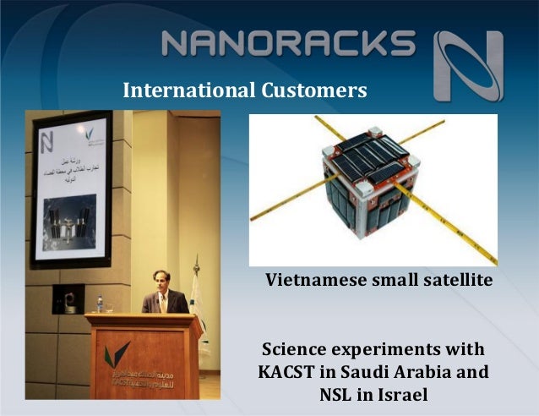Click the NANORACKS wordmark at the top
(x=287, y=43)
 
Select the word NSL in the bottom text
(x=337, y=394)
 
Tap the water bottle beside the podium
(x=100, y=304)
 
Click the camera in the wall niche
(x=66, y=298)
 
